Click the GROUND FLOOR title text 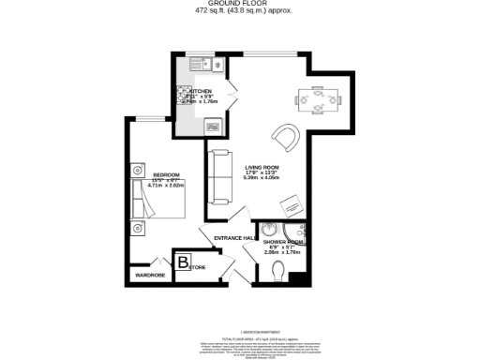pos(239,5)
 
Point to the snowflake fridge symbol pos(217,64)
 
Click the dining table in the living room pos(318,98)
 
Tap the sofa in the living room pos(220,177)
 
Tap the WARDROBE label pos(151,276)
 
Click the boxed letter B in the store pos(183,262)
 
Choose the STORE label pos(198,268)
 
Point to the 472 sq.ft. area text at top pos(239,12)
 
